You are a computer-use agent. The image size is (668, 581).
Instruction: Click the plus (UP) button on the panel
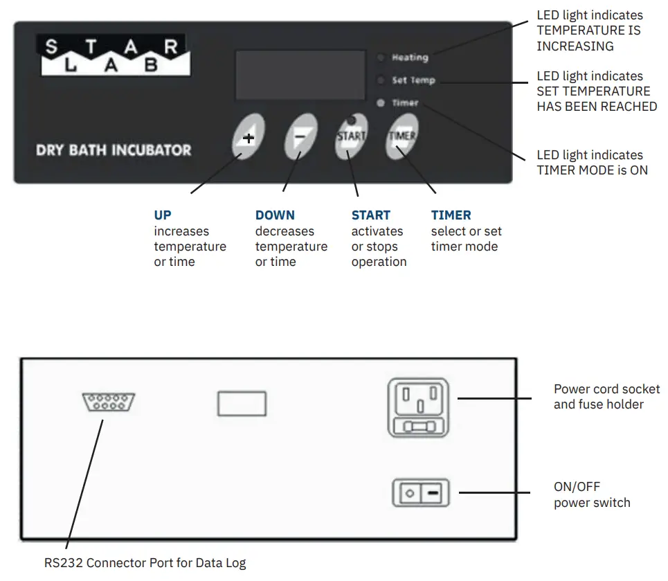[x=248, y=137]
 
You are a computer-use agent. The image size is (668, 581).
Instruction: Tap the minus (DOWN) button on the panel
[x=300, y=137]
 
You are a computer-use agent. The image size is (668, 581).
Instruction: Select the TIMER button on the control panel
[x=402, y=136]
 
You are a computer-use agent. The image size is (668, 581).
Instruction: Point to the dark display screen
[x=300, y=75]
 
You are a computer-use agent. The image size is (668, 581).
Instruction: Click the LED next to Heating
[x=380, y=57]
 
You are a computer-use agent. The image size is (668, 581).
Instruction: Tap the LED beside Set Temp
[x=380, y=80]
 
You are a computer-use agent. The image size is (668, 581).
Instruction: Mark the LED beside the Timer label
[x=380, y=103]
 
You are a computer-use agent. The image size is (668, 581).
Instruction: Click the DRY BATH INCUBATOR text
[x=114, y=150]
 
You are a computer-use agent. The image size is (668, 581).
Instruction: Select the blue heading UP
[x=163, y=215]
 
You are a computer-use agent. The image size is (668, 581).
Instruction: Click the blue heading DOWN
[x=275, y=215]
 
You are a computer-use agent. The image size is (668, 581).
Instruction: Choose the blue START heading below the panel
[x=370, y=215]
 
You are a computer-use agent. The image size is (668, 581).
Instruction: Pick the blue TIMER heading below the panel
[x=451, y=215]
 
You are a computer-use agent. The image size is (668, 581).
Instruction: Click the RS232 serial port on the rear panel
[x=109, y=402]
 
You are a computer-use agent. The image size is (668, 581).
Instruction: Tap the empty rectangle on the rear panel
[x=242, y=403]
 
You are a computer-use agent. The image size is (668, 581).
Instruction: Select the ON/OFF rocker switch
[x=420, y=494]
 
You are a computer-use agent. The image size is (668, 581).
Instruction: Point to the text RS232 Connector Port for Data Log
[x=145, y=563]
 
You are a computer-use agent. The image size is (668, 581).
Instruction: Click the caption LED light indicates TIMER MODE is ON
[x=592, y=162]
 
